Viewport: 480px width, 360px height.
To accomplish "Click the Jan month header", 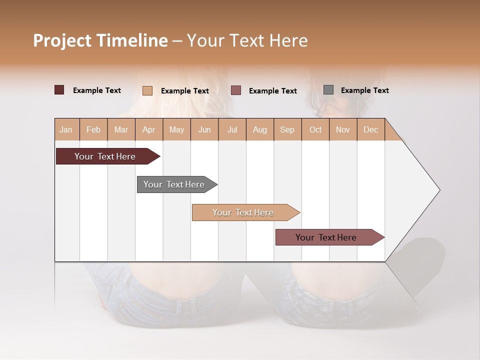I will tap(66, 129).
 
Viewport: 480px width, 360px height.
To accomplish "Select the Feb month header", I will tap(93, 129).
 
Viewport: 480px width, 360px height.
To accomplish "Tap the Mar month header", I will tap(121, 129).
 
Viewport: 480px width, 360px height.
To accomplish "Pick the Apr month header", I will tap(149, 129).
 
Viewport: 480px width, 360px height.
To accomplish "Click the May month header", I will tap(176, 129).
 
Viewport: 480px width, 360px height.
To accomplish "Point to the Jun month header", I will tap(204, 129).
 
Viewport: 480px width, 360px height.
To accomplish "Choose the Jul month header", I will tap(232, 129).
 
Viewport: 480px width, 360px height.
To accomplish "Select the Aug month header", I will tap(260, 129).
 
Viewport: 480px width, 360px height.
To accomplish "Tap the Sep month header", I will tap(287, 129).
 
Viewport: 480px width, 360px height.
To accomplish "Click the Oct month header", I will tap(315, 129).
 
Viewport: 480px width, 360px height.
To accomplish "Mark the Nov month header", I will tap(343, 129).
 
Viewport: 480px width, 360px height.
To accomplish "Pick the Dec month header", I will tap(371, 129).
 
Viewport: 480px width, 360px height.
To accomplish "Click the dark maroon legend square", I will tap(59, 90).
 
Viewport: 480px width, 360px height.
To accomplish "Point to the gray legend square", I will tap(328, 90).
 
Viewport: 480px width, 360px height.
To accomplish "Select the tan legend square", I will tap(147, 90).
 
